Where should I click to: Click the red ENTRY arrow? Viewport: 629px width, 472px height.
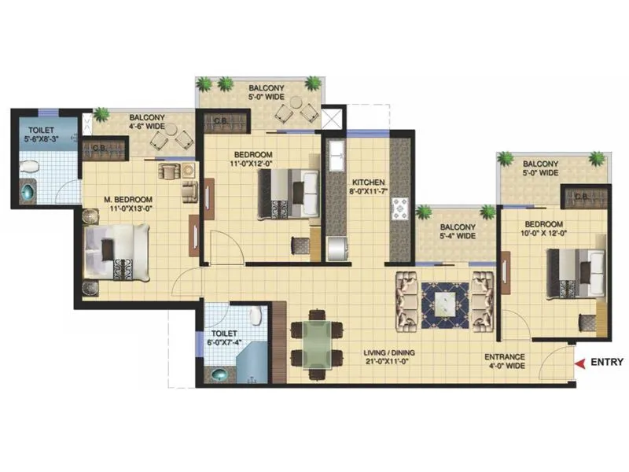tap(580, 363)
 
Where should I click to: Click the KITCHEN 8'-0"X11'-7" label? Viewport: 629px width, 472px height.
tap(368, 184)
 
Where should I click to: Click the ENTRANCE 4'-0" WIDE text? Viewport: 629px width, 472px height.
tap(505, 362)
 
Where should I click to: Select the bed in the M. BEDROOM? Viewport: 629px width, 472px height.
tap(116, 252)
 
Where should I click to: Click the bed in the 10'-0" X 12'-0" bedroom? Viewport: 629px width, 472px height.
tap(576, 272)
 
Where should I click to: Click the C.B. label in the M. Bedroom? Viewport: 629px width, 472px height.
tap(100, 147)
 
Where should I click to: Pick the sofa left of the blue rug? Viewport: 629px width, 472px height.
tap(406, 300)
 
